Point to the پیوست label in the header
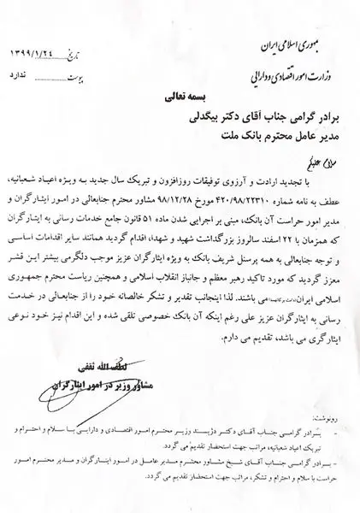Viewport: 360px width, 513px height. [78, 75]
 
